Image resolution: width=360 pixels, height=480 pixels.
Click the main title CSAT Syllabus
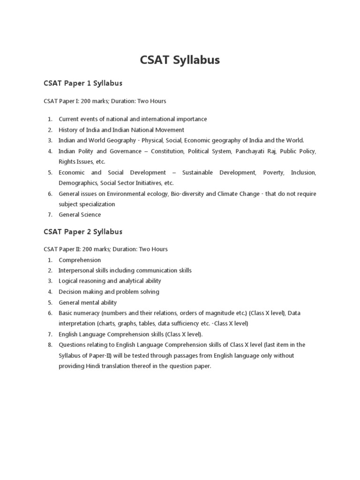pyautogui.click(x=180, y=60)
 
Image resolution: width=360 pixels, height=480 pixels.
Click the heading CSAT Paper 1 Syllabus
pyautogui.click(x=83, y=83)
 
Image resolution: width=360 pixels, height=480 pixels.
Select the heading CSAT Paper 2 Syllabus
pyautogui.click(x=83, y=232)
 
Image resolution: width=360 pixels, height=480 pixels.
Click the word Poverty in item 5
pyautogui.click(x=273, y=172)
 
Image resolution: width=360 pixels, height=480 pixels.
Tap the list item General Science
pyautogui.click(x=80, y=215)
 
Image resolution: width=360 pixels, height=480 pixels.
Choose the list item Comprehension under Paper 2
pyautogui.click(x=80, y=260)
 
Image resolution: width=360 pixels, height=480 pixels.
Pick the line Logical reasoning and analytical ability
pyautogui.click(x=110, y=281)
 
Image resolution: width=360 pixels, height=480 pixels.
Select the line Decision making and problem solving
pyautogui.click(x=109, y=292)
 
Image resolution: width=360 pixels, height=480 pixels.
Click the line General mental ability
pyautogui.click(x=88, y=302)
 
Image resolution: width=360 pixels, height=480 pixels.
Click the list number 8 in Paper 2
pyautogui.click(x=50, y=345)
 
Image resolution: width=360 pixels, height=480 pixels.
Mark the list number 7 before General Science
pyautogui.click(x=50, y=215)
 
